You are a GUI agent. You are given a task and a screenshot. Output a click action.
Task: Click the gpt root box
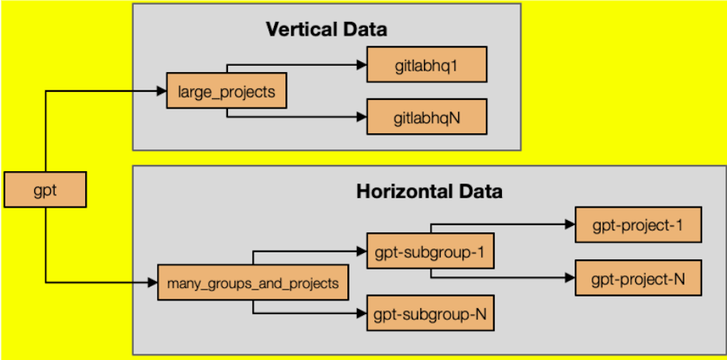click(45, 189)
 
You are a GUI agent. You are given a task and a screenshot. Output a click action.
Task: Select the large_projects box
click(226, 91)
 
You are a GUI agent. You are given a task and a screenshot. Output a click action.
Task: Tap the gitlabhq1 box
click(426, 65)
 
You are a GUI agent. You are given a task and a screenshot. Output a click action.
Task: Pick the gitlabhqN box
click(426, 117)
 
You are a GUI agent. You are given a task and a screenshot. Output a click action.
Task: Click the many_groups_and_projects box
click(253, 283)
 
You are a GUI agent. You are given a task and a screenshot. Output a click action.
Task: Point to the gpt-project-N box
click(638, 277)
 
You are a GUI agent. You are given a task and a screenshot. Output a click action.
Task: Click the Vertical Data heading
click(326, 30)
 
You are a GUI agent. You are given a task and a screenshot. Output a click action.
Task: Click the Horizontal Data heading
click(429, 192)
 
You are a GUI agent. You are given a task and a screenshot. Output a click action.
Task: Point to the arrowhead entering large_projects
click(162, 91)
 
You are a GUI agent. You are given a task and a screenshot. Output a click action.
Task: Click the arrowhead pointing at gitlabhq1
click(361, 65)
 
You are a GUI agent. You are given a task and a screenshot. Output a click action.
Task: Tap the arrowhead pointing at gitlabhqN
click(361, 117)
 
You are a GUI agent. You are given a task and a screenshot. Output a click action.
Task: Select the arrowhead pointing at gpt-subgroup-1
click(361, 252)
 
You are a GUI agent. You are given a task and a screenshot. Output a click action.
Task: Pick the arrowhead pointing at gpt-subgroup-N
click(361, 314)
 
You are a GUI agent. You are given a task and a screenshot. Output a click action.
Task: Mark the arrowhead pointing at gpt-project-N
click(570, 277)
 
